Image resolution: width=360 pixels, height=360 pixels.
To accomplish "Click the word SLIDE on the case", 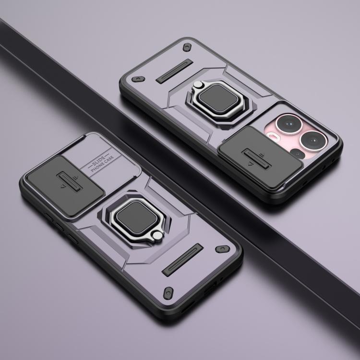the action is tap(98, 161).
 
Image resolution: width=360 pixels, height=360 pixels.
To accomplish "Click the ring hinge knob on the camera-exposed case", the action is tap(197, 85).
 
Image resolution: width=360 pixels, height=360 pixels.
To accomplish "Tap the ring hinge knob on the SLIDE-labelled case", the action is tap(157, 236).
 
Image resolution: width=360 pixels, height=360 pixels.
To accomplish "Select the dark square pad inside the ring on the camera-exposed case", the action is tap(218, 98).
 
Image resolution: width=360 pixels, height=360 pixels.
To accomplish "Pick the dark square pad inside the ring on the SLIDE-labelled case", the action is tap(137, 217).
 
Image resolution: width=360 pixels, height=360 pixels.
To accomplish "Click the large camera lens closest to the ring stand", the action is tap(289, 124).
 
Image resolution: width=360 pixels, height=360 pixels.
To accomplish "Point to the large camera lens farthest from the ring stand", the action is tap(313, 141).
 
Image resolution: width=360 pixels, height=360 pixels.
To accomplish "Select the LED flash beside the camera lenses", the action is tap(274, 136).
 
